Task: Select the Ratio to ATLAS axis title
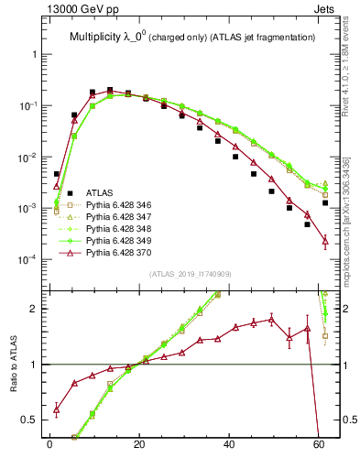(x=13, y=365)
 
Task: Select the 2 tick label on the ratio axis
(x=36, y=309)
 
